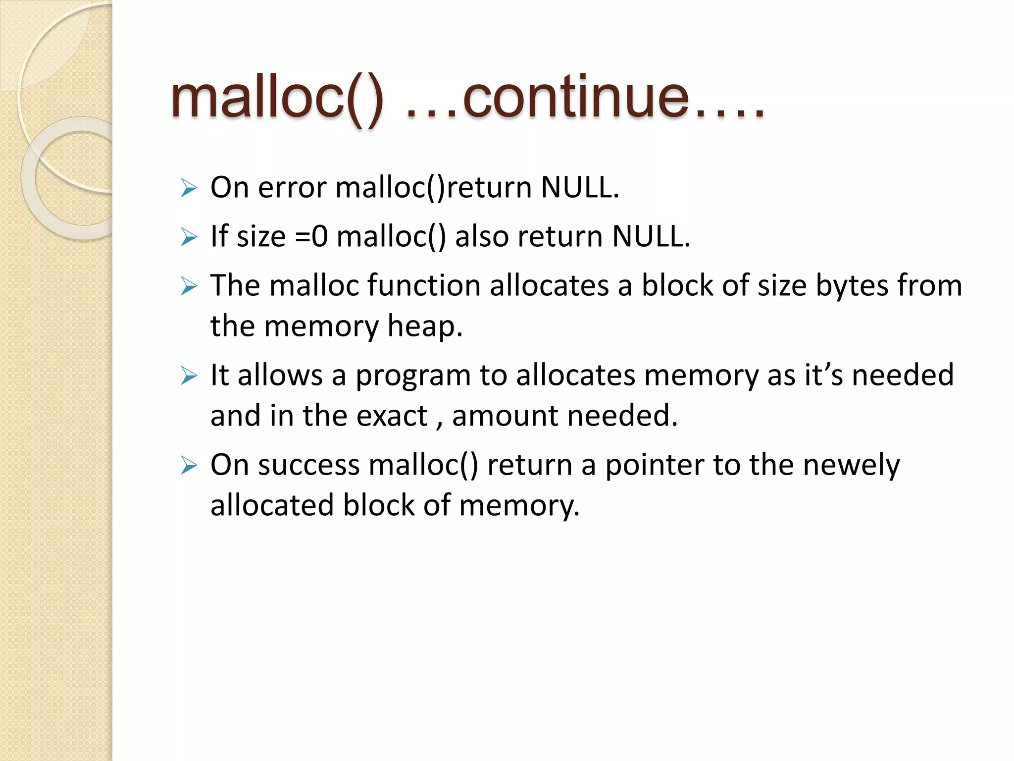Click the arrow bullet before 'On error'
pos(189,188)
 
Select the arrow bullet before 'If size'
pos(189,237)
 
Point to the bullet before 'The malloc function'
pos(189,286)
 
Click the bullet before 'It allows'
pos(189,376)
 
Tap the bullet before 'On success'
pos(189,465)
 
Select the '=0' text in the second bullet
pos(311,236)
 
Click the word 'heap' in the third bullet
pos(424,326)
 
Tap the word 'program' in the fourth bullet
pos(413,376)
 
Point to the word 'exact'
pos(392,416)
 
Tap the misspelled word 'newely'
pos(851,465)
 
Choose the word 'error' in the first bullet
pos(292,188)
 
